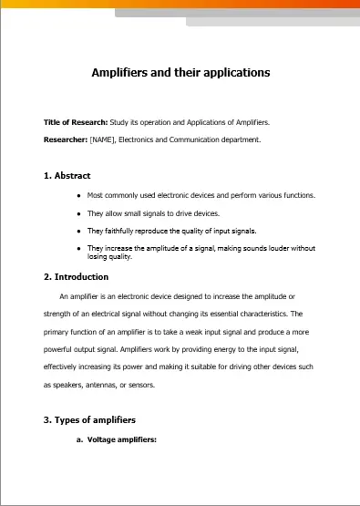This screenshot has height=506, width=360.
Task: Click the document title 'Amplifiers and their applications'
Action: click(x=180, y=72)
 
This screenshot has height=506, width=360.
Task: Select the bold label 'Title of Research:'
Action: click(x=76, y=122)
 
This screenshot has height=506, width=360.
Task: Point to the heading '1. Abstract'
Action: click(x=67, y=175)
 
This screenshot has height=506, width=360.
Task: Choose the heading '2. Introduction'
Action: click(x=77, y=276)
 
